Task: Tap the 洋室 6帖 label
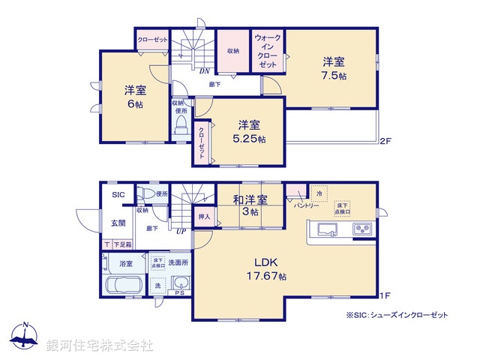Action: (135, 97)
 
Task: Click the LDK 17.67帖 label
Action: (266, 268)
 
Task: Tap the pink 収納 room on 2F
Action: (232, 51)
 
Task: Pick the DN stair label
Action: (204, 71)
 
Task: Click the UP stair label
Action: (181, 231)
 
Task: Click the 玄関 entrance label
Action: (119, 223)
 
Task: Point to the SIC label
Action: (118, 195)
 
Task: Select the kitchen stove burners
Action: (364, 228)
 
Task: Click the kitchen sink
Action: (328, 228)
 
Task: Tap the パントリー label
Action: (307, 205)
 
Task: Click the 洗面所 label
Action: (178, 262)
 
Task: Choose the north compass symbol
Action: (25, 336)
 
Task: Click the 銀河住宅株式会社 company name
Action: (100, 345)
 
